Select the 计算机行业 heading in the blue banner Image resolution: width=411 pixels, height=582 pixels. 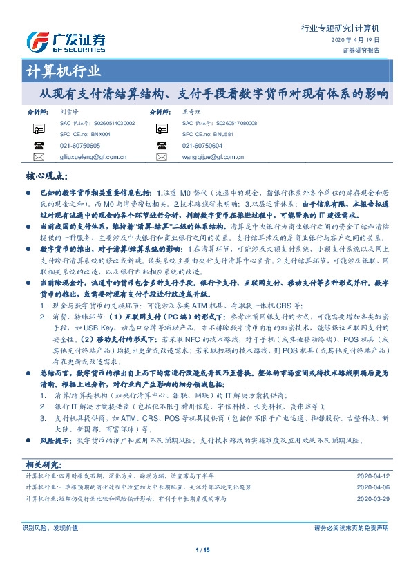pyautogui.click(x=64, y=72)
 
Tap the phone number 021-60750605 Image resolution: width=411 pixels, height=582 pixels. pyautogui.click(x=79, y=146)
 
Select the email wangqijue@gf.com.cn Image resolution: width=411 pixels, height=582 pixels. pyautogui.click(x=215, y=157)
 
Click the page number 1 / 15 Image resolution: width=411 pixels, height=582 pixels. pyautogui.click(x=203, y=550)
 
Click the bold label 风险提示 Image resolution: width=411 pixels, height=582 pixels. pyautogui.click(x=55, y=440)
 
